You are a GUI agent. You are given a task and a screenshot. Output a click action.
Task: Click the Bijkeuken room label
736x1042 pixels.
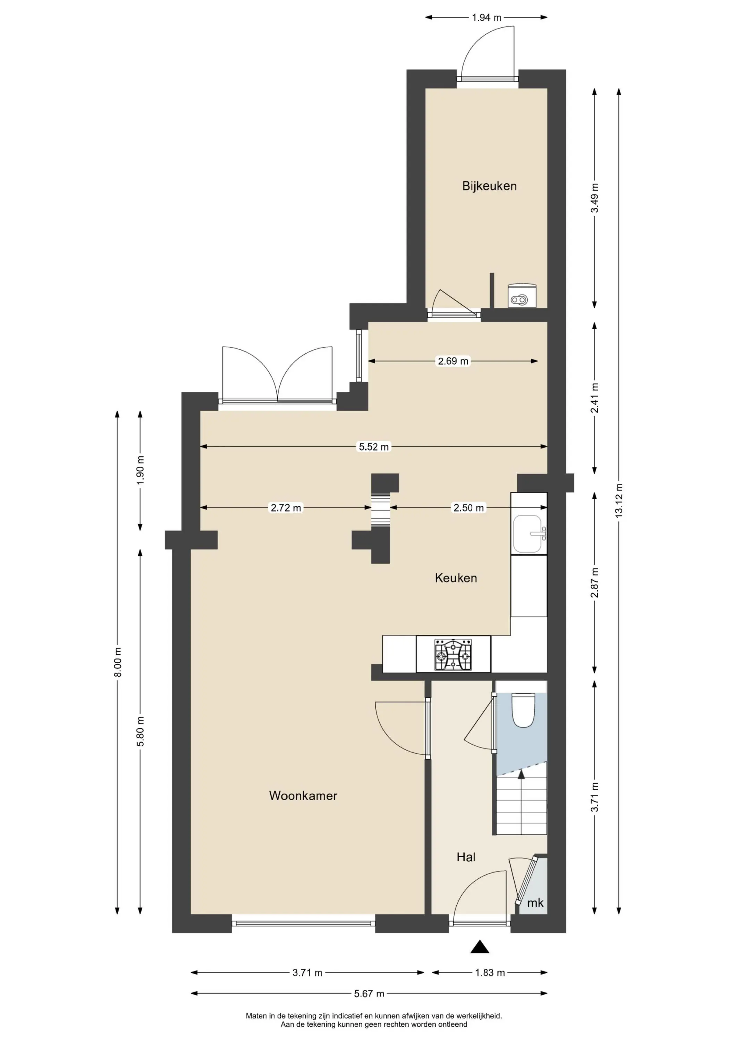click(x=489, y=186)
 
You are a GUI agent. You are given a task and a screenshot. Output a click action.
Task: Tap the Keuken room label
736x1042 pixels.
click(x=456, y=578)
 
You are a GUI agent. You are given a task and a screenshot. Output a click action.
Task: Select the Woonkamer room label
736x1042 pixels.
click(x=303, y=796)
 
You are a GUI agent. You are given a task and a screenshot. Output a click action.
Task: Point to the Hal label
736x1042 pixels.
click(x=466, y=857)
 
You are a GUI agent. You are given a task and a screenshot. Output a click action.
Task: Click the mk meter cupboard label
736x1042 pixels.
click(x=535, y=903)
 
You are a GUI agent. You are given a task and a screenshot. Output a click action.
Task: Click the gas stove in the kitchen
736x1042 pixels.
click(x=453, y=655)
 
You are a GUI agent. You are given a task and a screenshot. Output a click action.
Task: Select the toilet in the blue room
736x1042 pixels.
click(x=523, y=710)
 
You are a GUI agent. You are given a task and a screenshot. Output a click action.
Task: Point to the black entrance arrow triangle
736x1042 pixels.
click(x=480, y=947)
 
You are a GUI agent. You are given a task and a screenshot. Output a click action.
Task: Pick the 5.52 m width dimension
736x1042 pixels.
click(x=374, y=447)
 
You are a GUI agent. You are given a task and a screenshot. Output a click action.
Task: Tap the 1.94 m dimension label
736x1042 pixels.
click(x=487, y=18)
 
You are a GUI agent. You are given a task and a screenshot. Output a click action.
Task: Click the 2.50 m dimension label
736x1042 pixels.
click(x=468, y=508)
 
